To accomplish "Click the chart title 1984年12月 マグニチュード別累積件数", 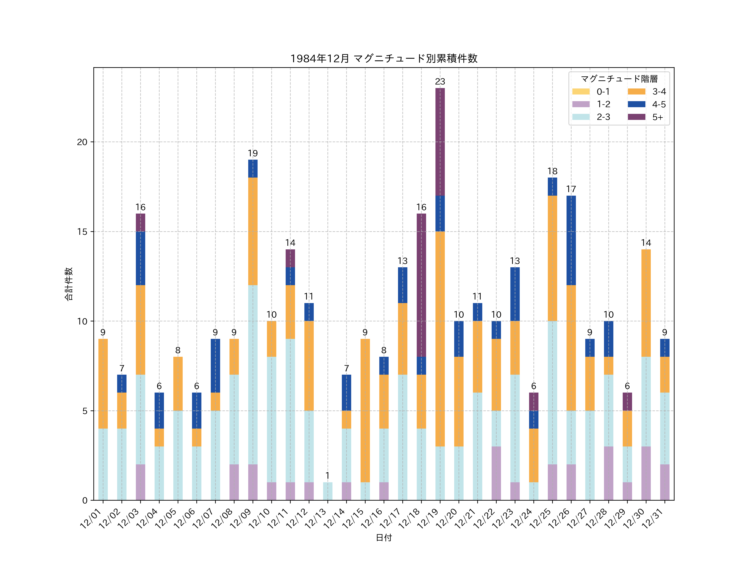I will [x=384, y=59].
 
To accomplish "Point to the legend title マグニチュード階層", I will [x=619, y=79].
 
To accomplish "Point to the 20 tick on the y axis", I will [x=82, y=142].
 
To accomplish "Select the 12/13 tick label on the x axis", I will [x=316, y=518].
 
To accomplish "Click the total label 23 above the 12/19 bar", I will [x=440, y=82].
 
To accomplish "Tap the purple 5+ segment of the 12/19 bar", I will [x=440, y=142].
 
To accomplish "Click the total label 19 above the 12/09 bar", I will [x=253, y=153].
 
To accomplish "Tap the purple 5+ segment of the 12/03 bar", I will [x=140, y=222].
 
